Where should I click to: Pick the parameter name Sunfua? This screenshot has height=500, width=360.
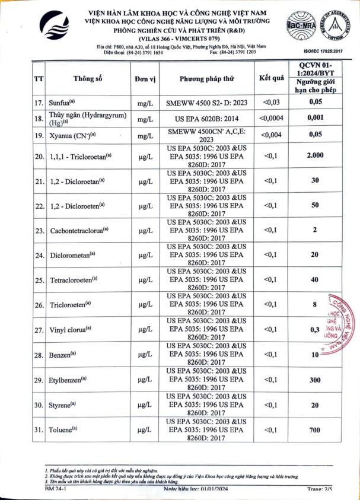(62, 103)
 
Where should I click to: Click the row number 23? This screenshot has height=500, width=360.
(40, 230)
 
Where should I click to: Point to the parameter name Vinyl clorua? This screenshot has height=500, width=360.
(70, 330)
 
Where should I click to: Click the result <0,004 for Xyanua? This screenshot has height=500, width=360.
(271, 134)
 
